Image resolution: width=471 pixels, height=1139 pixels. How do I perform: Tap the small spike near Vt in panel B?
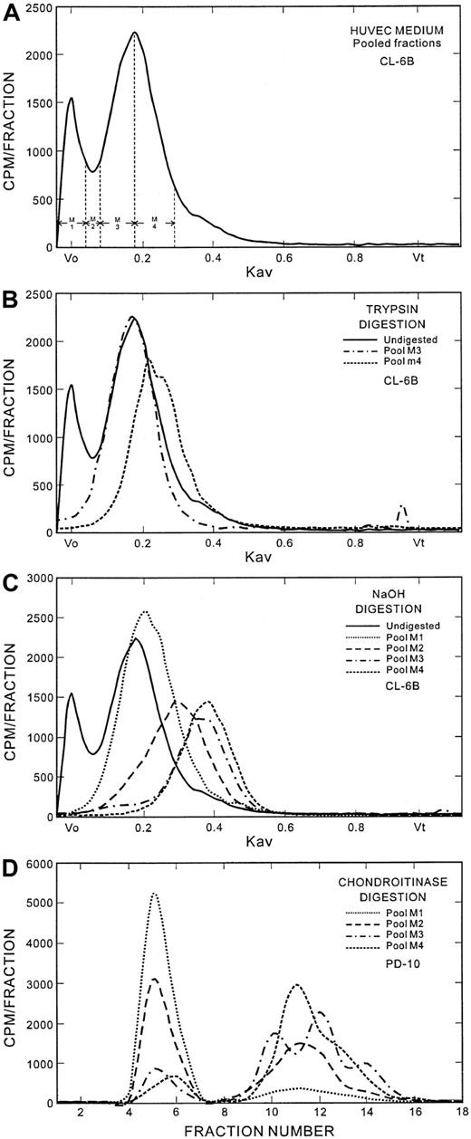pyautogui.click(x=402, y=508)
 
